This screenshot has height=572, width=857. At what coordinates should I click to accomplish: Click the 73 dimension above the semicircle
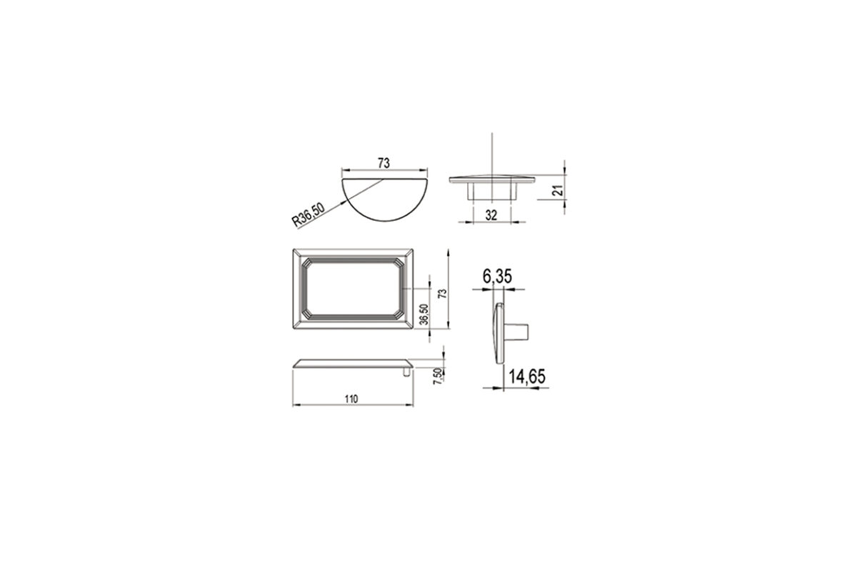pos(384,163)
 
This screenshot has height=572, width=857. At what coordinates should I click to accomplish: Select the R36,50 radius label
pos(308,214)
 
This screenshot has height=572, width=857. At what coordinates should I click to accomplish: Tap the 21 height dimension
pos(559,190)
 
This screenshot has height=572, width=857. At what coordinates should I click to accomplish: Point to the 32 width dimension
pos(491,215)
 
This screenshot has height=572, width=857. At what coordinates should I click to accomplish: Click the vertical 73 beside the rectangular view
pos(442,293)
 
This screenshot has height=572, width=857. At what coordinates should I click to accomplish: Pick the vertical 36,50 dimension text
pos(424,315)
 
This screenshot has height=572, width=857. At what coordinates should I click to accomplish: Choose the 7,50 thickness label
pos(437,376)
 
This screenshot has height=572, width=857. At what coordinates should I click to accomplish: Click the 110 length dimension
pos(351,399)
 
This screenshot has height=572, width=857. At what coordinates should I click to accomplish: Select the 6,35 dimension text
pos(497,276)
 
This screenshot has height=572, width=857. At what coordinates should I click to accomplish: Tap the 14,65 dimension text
pos(527,377)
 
